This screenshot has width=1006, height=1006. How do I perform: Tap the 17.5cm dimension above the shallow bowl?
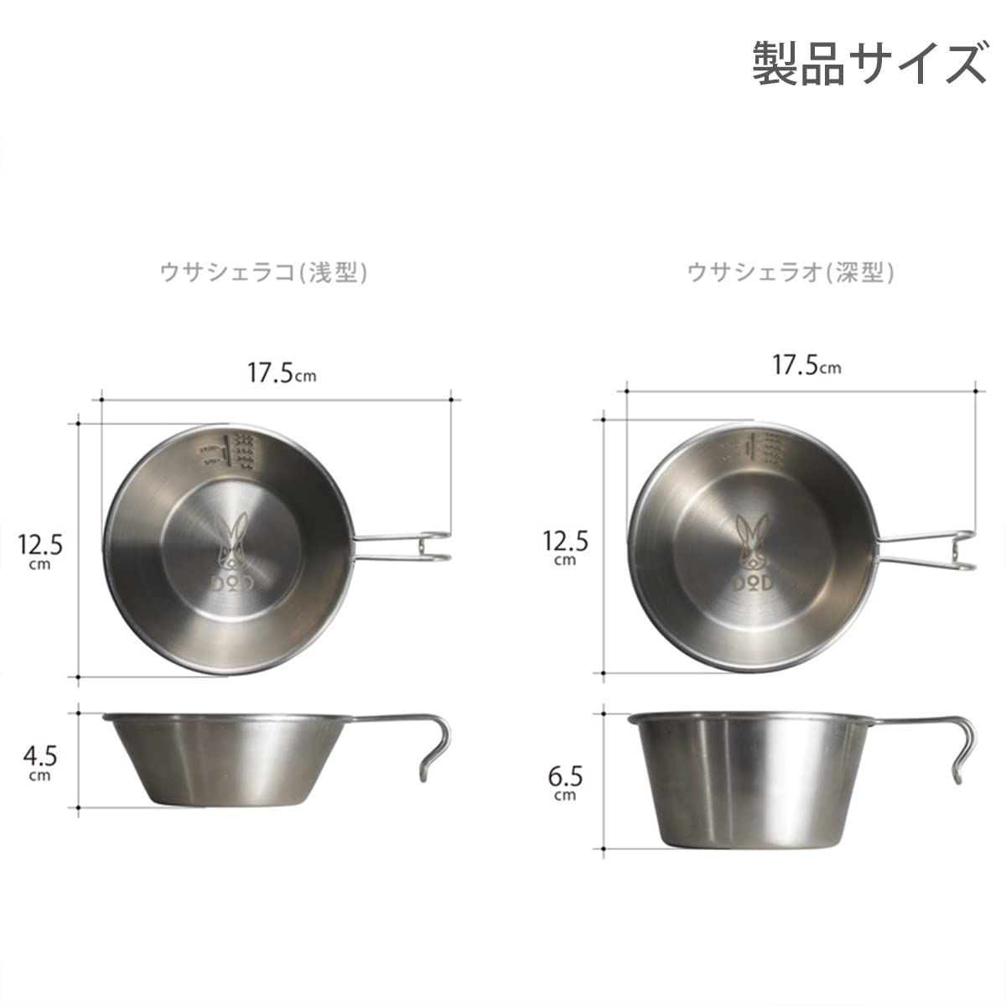click(x=281, y=373)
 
